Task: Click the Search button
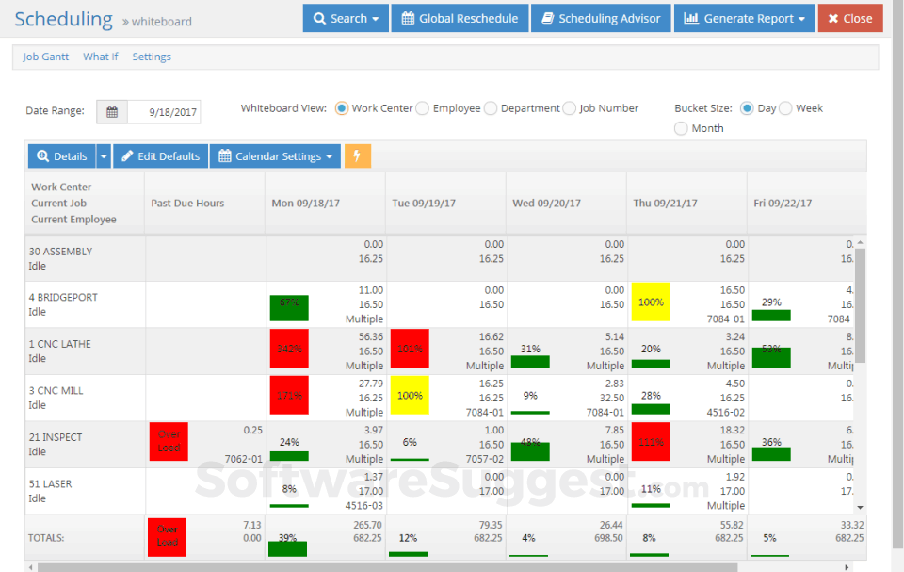point(345,18)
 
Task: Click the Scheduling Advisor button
point(601,18)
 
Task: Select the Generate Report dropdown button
point(744,18)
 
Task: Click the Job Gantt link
point(45,57)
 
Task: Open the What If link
point(101,57)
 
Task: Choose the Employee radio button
point(423,108)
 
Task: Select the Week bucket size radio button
point(785,108)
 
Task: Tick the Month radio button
point(681,128)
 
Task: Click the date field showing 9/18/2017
point(164,112)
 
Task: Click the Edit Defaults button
point(160,156)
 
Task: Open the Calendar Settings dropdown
point(275,156)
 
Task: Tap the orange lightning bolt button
point(358,156)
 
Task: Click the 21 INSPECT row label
point(56,437)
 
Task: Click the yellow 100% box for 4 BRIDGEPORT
point(652,303)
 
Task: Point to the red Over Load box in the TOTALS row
point(168,536)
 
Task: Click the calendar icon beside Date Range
point(112,112)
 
